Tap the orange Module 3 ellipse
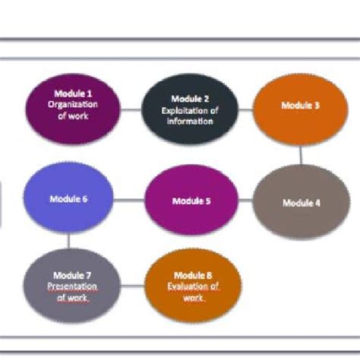coord(300,108)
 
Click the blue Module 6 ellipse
coord(69,199)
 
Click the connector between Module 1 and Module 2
coord(131,109)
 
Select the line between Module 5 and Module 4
coord(245,201)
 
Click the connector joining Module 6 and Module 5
coord(130,201)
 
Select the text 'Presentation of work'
coord(73,292)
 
